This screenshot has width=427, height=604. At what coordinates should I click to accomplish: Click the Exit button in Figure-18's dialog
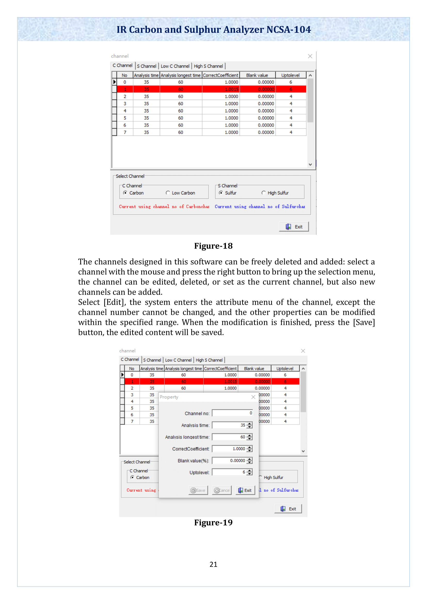pos(294,227)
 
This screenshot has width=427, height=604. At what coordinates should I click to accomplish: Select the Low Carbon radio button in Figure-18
pos(168,193)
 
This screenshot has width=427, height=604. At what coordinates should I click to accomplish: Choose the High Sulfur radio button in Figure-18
pos(264,193)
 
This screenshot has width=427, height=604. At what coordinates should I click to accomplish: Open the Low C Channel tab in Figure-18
pos(175,66)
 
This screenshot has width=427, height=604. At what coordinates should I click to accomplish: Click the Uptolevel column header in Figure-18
pos(290,75)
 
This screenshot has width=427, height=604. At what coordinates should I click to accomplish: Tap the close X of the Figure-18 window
pos(310,56)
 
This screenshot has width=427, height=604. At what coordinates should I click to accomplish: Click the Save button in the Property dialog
pos(198,490)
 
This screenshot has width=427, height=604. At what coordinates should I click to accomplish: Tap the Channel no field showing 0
pos(232,413)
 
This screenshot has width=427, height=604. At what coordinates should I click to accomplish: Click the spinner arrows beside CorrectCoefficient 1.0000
pos(250,449)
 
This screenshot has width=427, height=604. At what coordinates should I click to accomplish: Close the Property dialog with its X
pos(253,397)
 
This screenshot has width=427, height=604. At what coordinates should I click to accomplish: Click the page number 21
pos(213,564)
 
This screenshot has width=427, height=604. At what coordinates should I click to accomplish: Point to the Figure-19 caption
pos(213,522)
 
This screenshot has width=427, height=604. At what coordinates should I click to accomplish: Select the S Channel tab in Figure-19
pos(152,360)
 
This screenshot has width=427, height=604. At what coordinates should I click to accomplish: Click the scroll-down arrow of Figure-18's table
pos(310,165)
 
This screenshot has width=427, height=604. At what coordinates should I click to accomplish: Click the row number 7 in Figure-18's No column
pos(125,132)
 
